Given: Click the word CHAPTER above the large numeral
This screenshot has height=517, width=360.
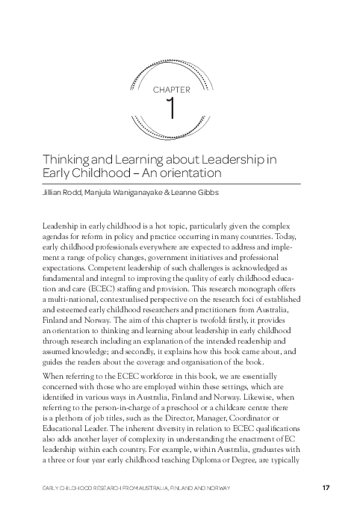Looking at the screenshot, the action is [x=172, y=89].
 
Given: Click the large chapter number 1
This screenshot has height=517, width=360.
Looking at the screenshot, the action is [x=172, y=108].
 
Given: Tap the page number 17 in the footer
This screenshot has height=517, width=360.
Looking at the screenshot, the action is [x=325, y=488].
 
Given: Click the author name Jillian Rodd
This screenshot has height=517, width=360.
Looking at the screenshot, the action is [x=58, y=191].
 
